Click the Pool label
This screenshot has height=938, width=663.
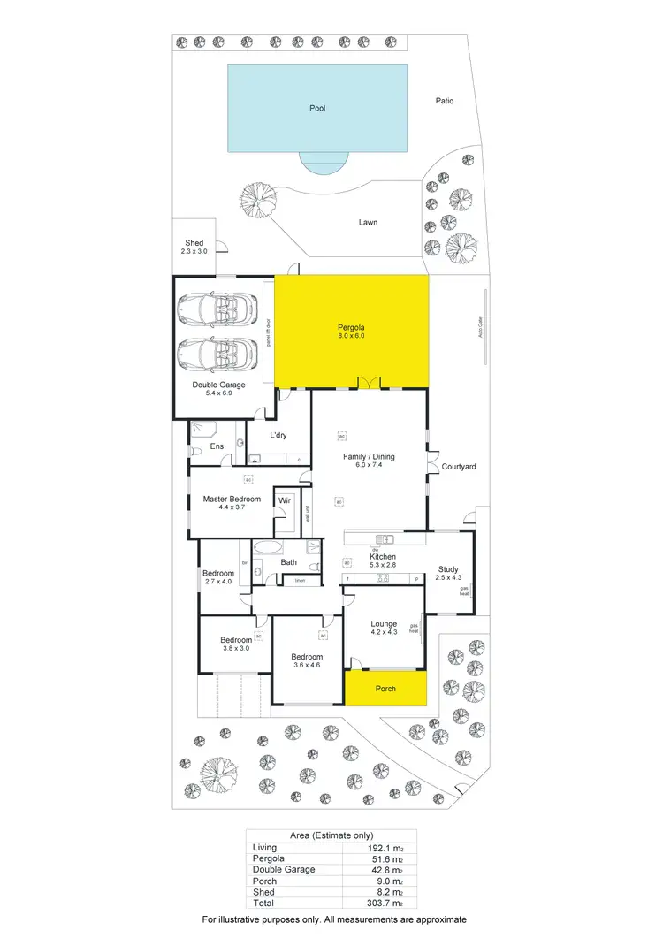(317, 108)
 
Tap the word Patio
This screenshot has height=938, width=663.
(445, 101)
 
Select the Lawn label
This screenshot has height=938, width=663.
(368, 222)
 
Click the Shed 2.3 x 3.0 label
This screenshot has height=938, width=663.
(194, 248)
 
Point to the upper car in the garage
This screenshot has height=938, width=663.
(213, 310)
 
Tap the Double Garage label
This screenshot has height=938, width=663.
(218, 385)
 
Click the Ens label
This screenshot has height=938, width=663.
(217, 447)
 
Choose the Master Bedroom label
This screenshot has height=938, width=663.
(232, 500)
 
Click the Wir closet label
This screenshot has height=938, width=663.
(285, 500)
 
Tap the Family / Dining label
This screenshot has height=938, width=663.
(369, 457)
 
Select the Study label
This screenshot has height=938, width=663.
(449, 570)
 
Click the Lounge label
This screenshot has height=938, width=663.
(383, 623)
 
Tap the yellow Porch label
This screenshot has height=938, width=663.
(385, 689)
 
